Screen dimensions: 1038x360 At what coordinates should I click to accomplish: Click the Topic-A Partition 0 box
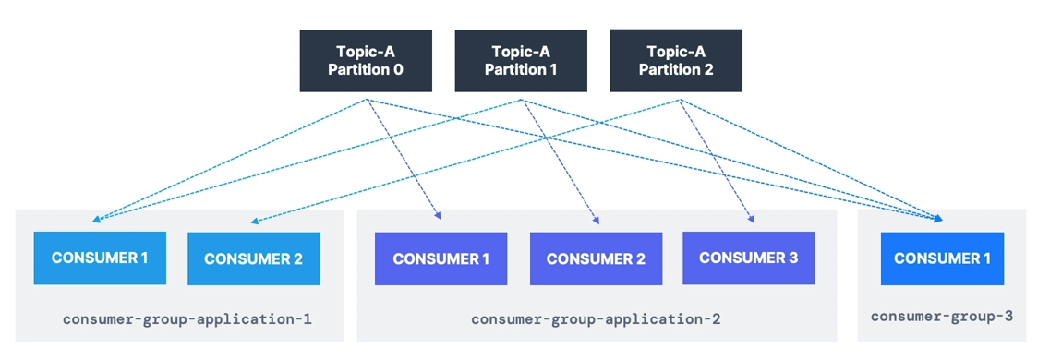366,60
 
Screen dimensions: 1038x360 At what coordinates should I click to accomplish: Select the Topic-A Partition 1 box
521,60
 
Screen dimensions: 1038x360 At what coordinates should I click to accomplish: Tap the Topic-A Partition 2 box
676,60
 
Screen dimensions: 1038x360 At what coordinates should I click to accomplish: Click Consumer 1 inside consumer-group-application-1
100,258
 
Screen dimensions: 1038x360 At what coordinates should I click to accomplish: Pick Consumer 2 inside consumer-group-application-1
254,258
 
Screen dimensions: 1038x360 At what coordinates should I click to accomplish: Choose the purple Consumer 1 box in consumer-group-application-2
441,258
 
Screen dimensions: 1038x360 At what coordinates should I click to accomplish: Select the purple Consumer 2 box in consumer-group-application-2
596,258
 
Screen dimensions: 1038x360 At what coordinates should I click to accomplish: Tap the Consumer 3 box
749,258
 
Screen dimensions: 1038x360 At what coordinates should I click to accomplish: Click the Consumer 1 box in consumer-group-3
942,258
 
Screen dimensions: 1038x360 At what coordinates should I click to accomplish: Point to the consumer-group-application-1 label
187,319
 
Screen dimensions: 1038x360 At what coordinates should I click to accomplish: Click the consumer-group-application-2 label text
596,319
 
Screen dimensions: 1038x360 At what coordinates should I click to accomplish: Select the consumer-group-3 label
942,317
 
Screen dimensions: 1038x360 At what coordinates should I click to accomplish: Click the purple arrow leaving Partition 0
404,159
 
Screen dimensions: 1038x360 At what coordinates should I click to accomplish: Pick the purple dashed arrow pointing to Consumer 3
717,160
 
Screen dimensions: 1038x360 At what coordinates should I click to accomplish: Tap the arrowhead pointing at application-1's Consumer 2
255,221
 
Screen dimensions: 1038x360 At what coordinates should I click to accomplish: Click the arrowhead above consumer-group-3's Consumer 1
938,218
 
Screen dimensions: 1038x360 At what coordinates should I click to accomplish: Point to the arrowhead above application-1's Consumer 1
97,219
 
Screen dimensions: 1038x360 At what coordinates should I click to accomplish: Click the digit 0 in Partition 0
397,69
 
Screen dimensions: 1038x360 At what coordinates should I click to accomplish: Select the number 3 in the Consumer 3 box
793,258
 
